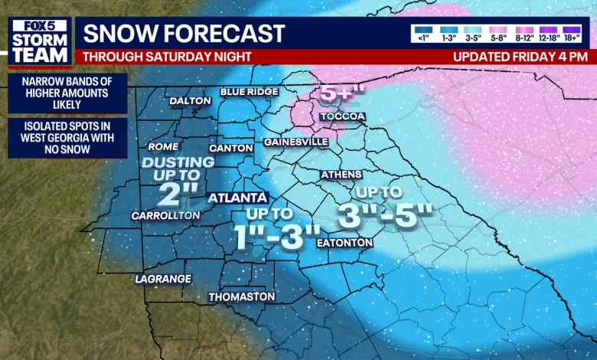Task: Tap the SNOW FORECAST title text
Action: (184, 34)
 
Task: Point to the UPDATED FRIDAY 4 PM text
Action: (520, 57)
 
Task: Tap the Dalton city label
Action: (190, 100)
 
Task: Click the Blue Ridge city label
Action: (249, 92)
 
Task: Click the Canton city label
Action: (230, 148)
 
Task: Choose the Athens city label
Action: (341, 175)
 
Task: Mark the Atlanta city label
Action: (238, 197)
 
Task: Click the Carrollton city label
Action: (165, 215)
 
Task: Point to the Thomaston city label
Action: (241, 296)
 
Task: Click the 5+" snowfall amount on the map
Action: (337, 93)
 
